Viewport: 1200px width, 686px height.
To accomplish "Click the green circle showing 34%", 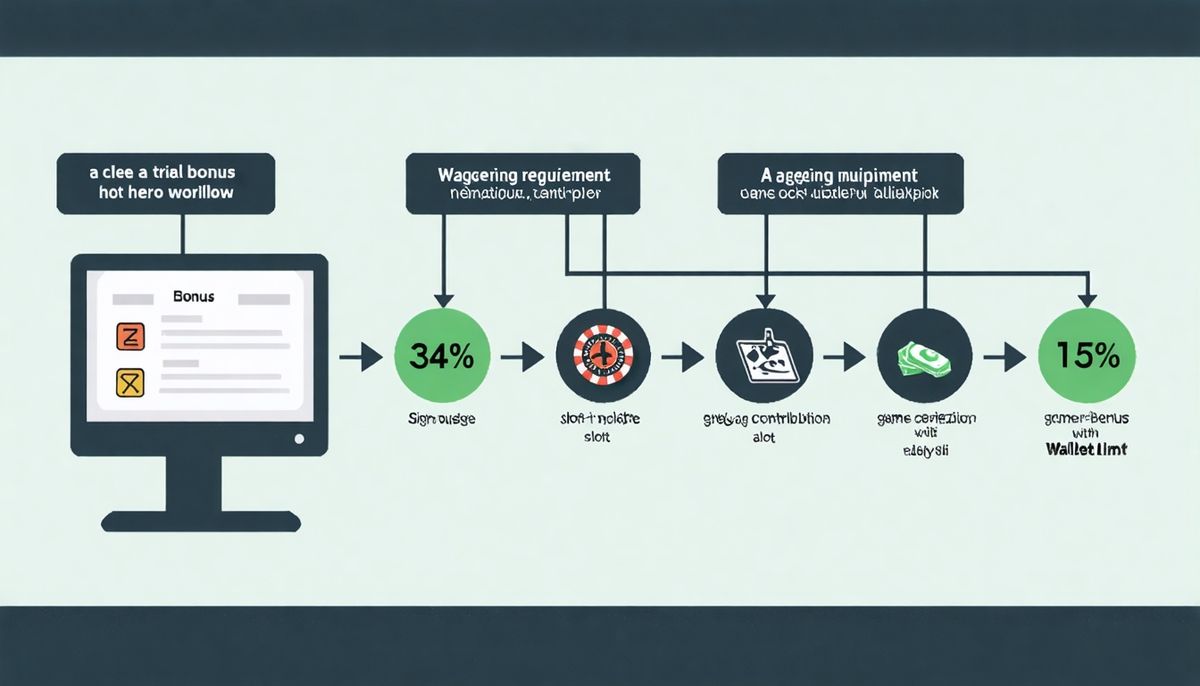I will tap(444, 355).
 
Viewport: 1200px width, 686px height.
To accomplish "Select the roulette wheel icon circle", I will tap(604, 355).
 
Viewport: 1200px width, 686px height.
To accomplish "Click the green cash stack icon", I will tap(923, 355).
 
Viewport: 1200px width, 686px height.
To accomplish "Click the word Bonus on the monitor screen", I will tap(193, 298).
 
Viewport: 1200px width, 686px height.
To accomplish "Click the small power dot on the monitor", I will tap(298, 438).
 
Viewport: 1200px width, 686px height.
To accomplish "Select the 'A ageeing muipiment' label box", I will tap(840, 182).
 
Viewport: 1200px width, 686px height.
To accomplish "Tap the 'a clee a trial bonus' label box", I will tap(166, 182).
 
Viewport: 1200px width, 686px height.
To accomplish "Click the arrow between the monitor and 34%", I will tap(359, 356).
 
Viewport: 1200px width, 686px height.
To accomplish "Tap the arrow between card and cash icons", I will tap(844, 356).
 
